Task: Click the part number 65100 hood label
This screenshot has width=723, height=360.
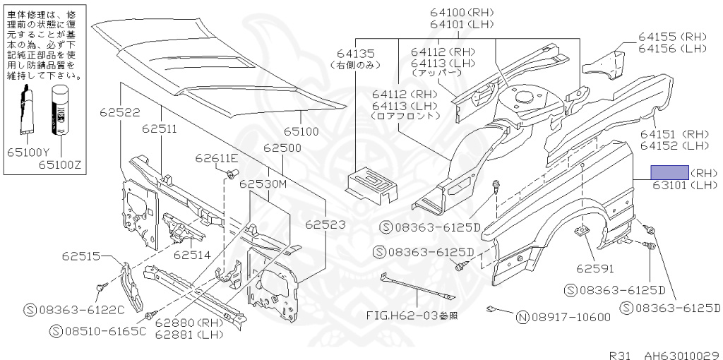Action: pyautogui.click(x=301, y=131)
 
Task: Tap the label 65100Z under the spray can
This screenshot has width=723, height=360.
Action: pyautogui.click(x=61, y=164)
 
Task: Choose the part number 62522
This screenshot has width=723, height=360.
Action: pyautogui.click(x=119, y=112)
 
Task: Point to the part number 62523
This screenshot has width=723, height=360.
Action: pyautogui.click(x=325, y=224)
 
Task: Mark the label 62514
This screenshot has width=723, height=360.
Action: pyautogui.click(x=192, y=254)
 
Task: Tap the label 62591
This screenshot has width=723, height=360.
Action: pyautogui.click(x=594, y=268)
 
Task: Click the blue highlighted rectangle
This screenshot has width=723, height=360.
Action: pyautogui.click(x=669, y=172)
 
